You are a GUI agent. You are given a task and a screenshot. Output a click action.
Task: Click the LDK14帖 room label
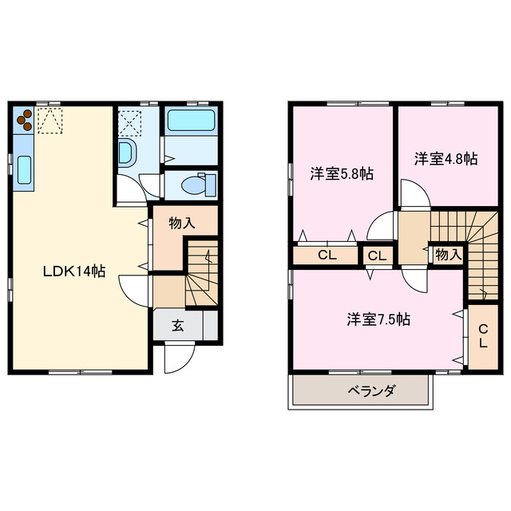(x=73, y=271)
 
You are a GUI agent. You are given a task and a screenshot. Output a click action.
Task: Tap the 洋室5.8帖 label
(x=343, y=172)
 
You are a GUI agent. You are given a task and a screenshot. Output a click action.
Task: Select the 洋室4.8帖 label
(x=446, y=159)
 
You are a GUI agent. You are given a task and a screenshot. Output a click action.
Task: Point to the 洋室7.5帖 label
(x=378, y=319)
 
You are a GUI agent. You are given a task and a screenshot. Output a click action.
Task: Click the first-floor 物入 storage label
(x=182, y=224)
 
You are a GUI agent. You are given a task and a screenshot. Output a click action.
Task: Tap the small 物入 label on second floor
(x=448, y=254)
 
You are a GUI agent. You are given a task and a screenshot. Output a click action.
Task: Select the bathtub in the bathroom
(x=192, y=123)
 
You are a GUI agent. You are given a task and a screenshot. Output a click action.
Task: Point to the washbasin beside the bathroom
(x=127, y=153)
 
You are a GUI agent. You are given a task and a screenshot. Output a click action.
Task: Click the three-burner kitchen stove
(x=24, y=119)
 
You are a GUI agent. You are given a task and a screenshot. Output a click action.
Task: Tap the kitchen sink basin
(x=24, y=169)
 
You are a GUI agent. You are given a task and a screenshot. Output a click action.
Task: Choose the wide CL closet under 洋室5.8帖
(x=326, y=255)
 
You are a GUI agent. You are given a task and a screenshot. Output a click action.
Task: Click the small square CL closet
(x=378, y=256)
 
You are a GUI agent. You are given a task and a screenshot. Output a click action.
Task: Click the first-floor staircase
(x=201, y=275)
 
